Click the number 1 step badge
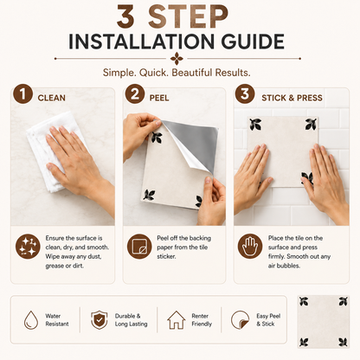(x=22, y=94)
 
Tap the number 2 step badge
(x=134, y=94)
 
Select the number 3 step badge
(x=245, y=94)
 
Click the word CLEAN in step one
(x=52, y=98)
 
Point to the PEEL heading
(x=159, y=98)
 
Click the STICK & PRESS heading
(x=292, y=98)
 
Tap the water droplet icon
(x=31, y=320)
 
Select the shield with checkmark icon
(x=100, y=320)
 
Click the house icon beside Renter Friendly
(x=177, y=320)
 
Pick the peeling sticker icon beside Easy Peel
(x=240, y=320)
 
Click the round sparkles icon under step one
(x=28, y=247)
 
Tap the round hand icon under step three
(x=250, y=247)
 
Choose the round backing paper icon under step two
(x=139, y=247)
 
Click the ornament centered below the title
(x=177, y=59)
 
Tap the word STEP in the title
(x=188, y=16)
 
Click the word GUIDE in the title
(x=253, y=42)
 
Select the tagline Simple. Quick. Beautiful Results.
(x=177, y=73)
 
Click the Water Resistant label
(x=57, y=320)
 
